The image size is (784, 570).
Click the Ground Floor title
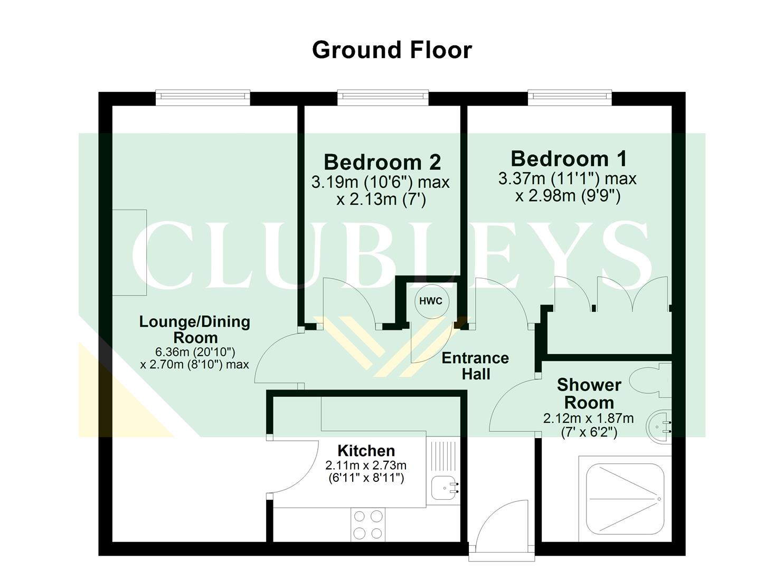tap(392, 50)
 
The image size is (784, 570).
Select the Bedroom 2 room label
tap(382, 162)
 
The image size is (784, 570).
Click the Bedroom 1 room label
tap(569, 159)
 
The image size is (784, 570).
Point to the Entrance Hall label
tap(475, 366)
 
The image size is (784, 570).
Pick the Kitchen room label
tap(366, 451)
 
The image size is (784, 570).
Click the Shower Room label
tap(589, 394)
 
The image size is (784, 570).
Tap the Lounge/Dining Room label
tap(194, 329)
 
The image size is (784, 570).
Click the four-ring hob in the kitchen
tap(367, 524)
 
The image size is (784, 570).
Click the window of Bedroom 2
tap(383, 96)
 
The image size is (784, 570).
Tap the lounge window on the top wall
tap(202, 96)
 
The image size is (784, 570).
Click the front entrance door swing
tap(502, 525)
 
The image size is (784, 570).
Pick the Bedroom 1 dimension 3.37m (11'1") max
tap(568, 179)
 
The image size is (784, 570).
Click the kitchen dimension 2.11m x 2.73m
tap(366, 465)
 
